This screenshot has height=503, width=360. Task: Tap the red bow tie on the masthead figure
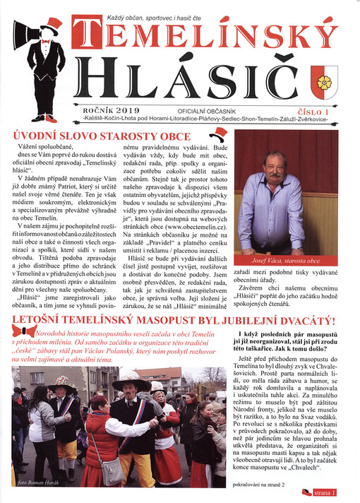coord(47,42)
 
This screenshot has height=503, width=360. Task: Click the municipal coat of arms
coord(325,80)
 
